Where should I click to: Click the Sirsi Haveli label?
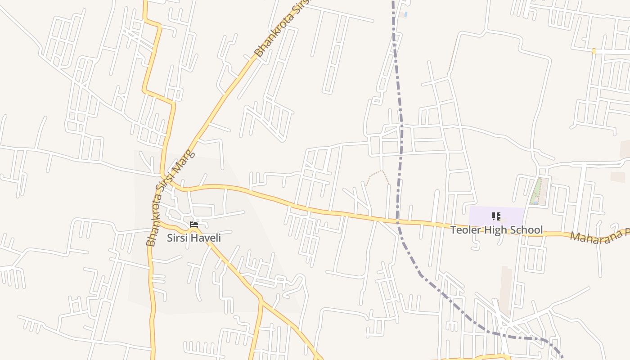(193, 238)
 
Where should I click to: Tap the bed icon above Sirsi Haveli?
(194, 224)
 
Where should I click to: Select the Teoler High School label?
(496, 230)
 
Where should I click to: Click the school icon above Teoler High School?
(496, 216)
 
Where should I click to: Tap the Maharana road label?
(598, 235)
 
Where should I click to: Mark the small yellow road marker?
(594, 51)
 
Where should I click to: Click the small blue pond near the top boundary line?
(405, 15)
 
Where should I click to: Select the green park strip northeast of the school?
(536, 191)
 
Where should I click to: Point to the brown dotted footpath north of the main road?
(377, 174)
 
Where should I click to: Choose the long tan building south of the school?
(506, 288)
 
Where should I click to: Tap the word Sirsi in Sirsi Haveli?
(177, 238)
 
